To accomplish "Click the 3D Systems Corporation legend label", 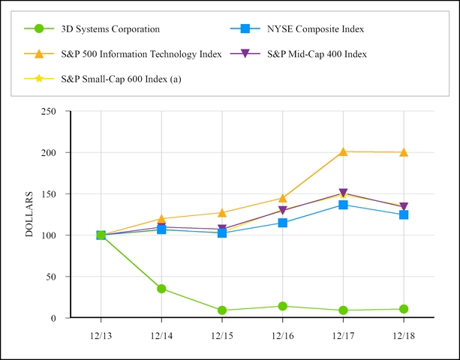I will [x=110, y=29].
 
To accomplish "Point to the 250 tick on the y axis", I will [x=48, y=111].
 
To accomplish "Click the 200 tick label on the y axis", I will [x=48, y=152].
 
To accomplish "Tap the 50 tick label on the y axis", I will [x=50, y=277].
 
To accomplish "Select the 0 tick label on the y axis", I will [x=53, y=318].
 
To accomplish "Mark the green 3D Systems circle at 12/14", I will [x=161, y=289].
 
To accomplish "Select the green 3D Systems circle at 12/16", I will [x=282, y=306].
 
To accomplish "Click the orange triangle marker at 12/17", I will [x=343, y=151].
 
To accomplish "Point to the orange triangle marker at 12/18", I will [x=404, y=152].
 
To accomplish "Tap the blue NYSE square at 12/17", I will [x=343, y=205].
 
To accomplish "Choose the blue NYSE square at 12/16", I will [x=282, y=223].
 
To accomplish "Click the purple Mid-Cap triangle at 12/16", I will [x=282, y=211].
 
